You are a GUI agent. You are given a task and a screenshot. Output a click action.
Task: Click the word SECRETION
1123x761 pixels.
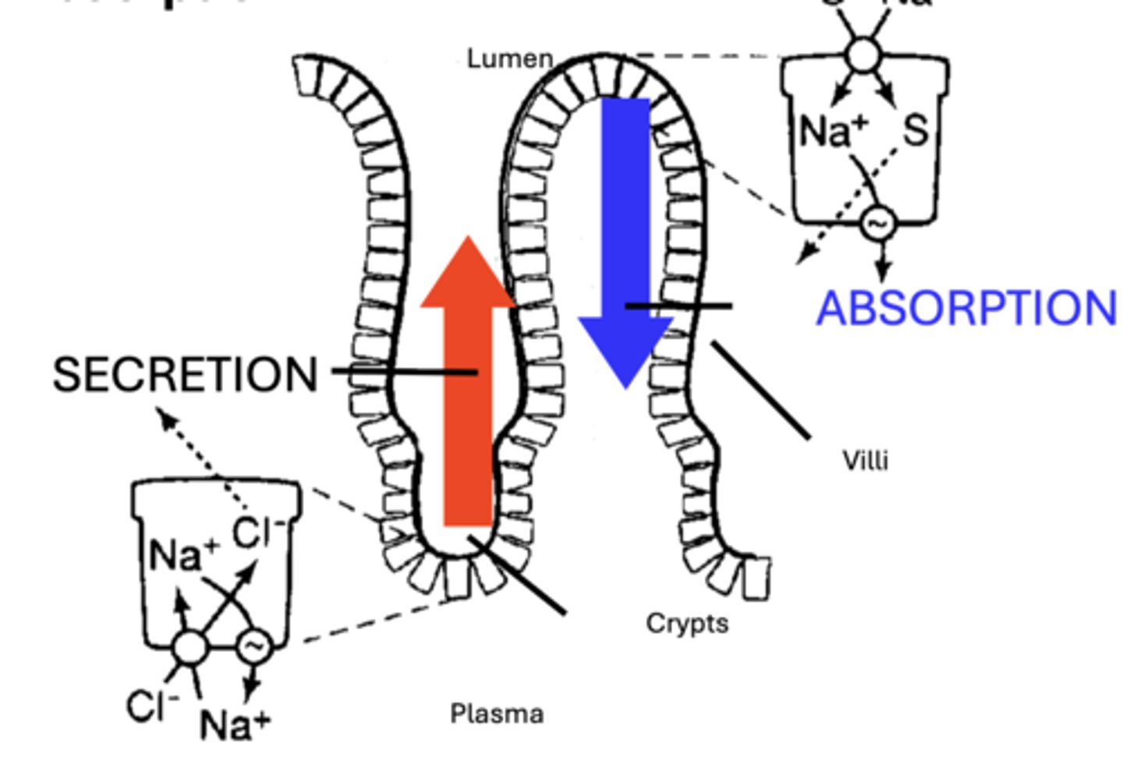pyautogui.click(x=185, y=374)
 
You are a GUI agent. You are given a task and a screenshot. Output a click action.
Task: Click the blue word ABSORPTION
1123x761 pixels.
pyautogui.click(x=966, y=308)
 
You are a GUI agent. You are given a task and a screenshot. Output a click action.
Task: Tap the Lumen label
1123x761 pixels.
pyautogui.click(x=510, y=58)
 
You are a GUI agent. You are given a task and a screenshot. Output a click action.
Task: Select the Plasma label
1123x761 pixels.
pyautogui.click(x=497, y=713)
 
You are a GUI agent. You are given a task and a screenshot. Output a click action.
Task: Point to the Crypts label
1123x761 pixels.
pyautogui.click(x=687, y=623)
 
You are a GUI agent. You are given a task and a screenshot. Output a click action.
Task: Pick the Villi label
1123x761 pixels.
pyautogui.click(x=866, y=461)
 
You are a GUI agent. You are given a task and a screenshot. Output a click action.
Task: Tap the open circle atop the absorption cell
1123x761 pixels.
pyautogui.click(x=863, y=55)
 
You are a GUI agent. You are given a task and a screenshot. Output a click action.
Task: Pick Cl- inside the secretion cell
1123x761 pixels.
pyautogui.click(x=259, y=533)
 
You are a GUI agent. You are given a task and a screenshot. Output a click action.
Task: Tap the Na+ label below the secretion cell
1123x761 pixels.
pyautogui.click(x=235, y=724)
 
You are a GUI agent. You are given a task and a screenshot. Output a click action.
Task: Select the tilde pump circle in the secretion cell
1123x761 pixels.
pyautogui.click(x=253, y=646)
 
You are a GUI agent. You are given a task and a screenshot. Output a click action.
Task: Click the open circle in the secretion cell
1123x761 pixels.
pyautogui.click(x=190, y=647)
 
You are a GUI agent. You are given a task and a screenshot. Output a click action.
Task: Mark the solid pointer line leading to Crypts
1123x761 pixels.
pyautogui.click(x=517, y=575)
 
